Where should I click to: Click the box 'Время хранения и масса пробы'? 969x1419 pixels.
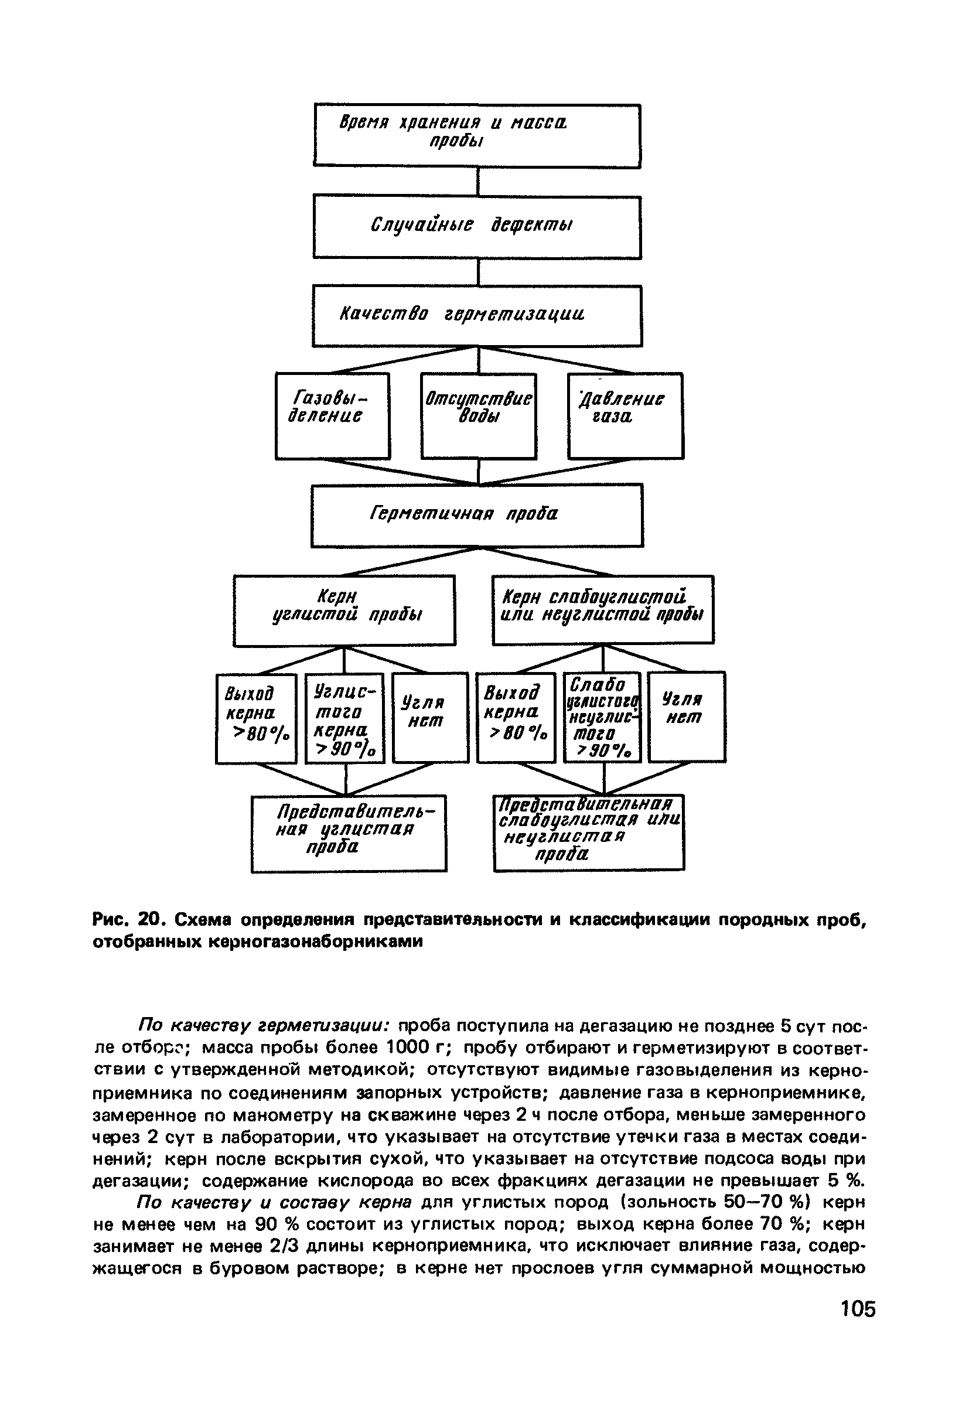(x=477, y=135)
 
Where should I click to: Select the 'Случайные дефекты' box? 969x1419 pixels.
(x=477, y=227)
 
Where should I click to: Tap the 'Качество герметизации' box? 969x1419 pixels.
(x=477, y=316)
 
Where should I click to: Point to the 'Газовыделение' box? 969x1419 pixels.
(x=332, y=416)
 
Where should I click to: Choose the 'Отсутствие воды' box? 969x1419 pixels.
(x=478, y=416)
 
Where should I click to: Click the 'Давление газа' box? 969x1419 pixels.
(x=625, y=416)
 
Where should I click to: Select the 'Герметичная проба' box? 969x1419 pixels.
(x=477, y=516)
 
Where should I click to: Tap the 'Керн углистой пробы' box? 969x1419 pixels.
(x=344, y=610)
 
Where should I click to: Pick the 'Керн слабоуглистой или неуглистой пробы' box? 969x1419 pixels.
(x=603, y=609)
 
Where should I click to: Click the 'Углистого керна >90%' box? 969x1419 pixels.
(x=345, y=718)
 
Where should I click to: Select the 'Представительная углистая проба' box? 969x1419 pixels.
(x=349, y=833)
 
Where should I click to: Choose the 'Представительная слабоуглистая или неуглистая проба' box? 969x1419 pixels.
(x=589, y=831)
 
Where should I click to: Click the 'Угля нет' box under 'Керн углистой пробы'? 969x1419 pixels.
(x=430, y=718)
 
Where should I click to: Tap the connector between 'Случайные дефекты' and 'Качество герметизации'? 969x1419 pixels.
(x=478, y=272)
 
